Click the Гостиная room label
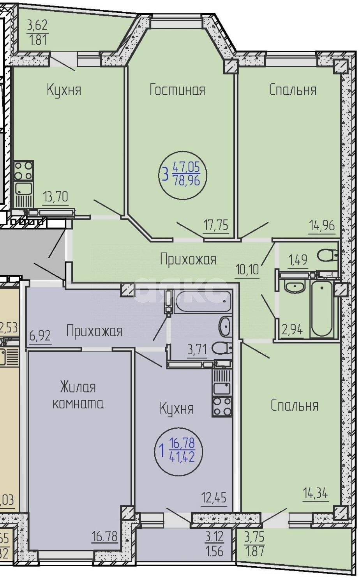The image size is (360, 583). click(177, 90)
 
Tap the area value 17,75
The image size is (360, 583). click(215, 225)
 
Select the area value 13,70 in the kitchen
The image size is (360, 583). click(56, 197)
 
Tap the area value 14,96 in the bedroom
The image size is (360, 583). click(322, 225)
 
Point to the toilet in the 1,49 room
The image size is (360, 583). click(327, 256)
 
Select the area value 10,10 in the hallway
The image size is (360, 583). click(248, 269)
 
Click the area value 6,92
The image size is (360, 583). click(41, 335)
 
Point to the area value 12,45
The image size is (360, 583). click(214, 498)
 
